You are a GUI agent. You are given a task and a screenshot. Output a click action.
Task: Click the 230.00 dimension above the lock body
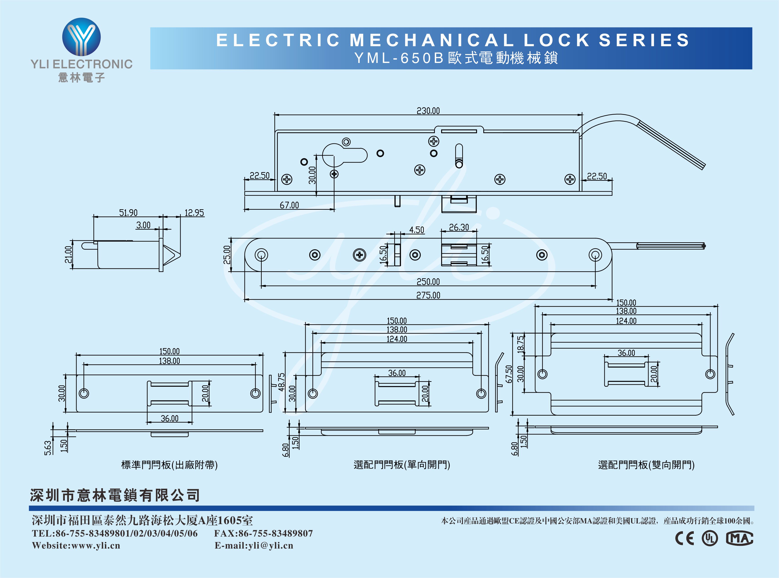428,111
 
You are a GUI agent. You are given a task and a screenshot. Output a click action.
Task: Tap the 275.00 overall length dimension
428,295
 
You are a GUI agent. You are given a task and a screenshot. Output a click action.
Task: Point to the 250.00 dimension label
428,282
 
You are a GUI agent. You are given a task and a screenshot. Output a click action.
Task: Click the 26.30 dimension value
459,227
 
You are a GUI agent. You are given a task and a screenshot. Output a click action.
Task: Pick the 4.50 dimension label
416,230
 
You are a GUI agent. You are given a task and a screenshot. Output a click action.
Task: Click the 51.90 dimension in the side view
128,213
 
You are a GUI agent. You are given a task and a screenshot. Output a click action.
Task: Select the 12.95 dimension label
194,213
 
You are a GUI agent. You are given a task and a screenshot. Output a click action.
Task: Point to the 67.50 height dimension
509,374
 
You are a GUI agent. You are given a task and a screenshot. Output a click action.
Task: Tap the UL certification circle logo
710,538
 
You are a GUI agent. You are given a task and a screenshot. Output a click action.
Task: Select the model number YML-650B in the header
399,58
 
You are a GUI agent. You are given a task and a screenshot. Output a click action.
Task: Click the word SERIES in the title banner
644,40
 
